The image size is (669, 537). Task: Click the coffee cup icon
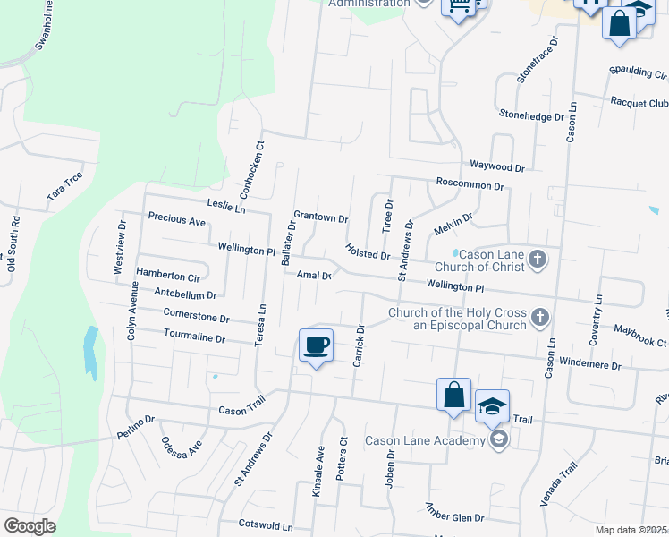point(315,345)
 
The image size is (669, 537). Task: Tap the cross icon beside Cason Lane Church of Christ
point(538,260)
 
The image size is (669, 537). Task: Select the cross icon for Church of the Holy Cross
point(539,318)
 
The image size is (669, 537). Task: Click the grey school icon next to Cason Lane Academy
point(498,439)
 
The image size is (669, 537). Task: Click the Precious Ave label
point(177,218)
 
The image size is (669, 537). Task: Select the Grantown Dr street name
point(320,217)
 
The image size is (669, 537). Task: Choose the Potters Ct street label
point(342,459)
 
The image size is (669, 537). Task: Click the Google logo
point(30,526)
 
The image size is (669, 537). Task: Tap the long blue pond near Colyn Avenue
point(89,350)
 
